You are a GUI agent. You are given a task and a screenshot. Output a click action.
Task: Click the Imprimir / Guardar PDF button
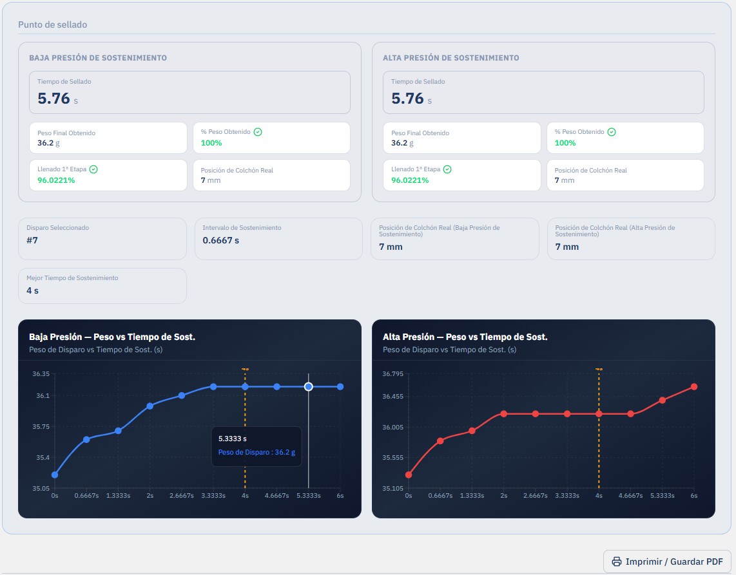667,561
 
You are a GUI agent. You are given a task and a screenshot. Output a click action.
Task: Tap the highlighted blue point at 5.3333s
309,386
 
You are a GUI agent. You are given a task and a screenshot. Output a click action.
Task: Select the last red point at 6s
693,386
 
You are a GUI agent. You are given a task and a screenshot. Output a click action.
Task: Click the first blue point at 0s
55,475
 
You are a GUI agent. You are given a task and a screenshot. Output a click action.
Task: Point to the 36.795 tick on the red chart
393,374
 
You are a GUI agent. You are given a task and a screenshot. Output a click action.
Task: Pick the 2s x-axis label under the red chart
503,495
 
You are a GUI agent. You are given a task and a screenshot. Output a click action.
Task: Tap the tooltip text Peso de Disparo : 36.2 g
257,452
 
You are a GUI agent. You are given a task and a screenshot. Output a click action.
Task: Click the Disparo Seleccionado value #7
32,240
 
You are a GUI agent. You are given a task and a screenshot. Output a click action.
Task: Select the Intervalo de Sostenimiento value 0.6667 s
220,240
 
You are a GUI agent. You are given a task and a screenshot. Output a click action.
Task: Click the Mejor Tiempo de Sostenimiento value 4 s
32,290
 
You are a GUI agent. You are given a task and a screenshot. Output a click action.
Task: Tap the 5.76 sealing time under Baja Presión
53,98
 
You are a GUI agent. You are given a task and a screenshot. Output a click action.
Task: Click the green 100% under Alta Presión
565,142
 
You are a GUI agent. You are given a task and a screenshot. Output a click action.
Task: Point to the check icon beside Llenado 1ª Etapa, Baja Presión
93,169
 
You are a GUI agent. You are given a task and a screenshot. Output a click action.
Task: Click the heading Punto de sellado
53,24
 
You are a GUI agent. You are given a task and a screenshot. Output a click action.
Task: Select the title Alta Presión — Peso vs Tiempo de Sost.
465,337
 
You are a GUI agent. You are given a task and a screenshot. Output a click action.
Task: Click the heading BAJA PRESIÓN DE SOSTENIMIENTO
98,58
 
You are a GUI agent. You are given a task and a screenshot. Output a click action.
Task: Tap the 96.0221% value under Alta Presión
410,180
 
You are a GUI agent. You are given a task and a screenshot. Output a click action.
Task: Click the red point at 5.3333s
663,400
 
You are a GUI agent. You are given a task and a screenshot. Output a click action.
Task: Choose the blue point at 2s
150,406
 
